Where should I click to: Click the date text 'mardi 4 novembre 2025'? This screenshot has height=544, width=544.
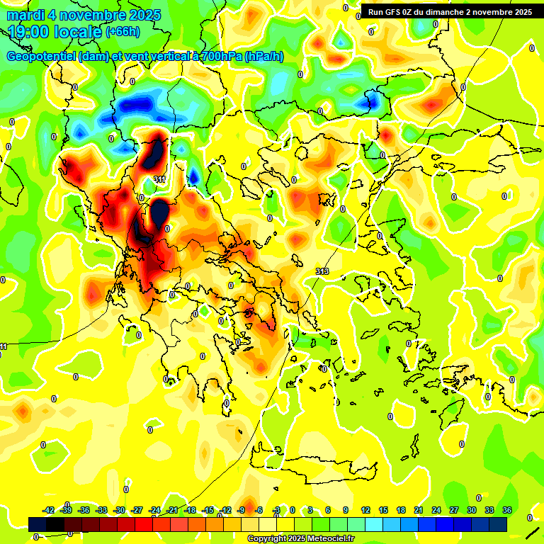click(x=84, y=15)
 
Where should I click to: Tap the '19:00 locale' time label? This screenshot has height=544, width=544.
click(x=55, y=32)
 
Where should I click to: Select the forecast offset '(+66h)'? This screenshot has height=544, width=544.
click(x=123, y=32)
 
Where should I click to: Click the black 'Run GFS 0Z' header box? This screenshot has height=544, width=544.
click(x=450, y=12)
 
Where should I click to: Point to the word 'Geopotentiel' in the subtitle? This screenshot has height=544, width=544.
click(x=40, y=57)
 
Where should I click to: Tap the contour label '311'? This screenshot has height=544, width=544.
click(x=160, y=180)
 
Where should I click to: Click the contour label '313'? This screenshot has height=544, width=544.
click(x=322, y=272)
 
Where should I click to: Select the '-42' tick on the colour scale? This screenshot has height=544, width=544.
click(x=48, y=510)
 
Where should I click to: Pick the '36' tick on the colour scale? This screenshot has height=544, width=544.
click(x=507, y=510)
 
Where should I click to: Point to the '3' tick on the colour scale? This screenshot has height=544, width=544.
click(x=310, y=510)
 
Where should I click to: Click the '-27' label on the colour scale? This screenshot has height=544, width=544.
click(x=137, y=510)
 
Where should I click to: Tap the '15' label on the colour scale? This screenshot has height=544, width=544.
click(x=383, y=510)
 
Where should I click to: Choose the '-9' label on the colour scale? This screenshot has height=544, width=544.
click(x=242, y=510)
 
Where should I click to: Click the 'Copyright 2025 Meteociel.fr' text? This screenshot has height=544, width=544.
click(x=300, y=539)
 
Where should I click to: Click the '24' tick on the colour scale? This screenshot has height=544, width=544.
click(x=436, y=510)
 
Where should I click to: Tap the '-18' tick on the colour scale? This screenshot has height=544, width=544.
click(x=190, y=510)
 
